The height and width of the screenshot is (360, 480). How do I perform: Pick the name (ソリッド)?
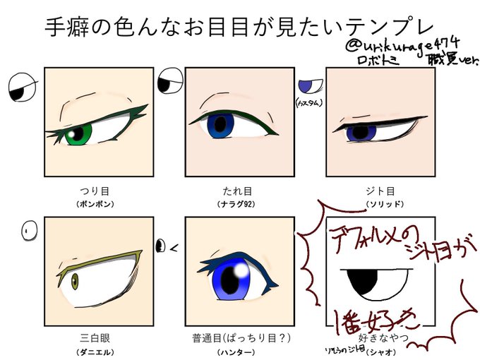[x=379, y=204]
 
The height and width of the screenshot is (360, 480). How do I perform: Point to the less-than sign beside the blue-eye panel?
[x=174, y=246]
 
